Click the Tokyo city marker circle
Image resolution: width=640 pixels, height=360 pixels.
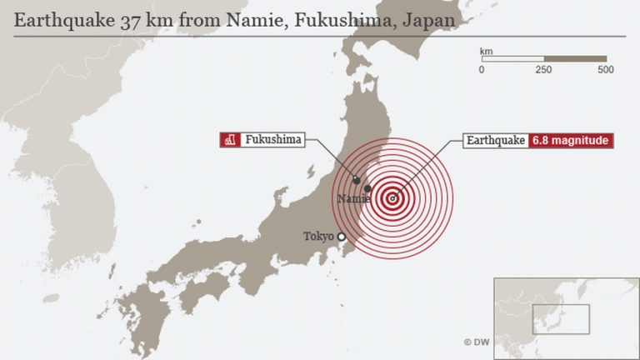tap(342, 237)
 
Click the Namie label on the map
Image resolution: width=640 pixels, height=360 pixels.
tap(352, 198)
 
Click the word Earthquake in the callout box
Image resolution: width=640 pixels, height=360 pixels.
tap(496, 141)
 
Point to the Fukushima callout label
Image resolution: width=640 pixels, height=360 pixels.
tap(272, 140)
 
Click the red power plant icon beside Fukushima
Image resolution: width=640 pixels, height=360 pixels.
tap(229, 140)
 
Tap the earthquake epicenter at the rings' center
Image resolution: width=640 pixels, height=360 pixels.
tap(392, 198)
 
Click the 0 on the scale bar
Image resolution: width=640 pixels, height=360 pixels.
tap(482, 70)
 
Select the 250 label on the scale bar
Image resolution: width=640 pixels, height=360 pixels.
tap(543, 70)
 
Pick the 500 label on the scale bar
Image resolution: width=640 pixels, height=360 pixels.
tap(606, 70)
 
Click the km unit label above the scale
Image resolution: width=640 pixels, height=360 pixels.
tap(487, 51)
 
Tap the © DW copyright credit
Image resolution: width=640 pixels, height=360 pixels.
tap(477, 342)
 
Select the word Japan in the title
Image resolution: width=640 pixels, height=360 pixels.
tap(430, 19)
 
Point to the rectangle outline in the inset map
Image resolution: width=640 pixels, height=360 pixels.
tap(565, 320)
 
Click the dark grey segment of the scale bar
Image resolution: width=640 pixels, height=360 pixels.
tap(575, 59)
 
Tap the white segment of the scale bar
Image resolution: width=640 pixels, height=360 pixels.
tap(512, 59)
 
